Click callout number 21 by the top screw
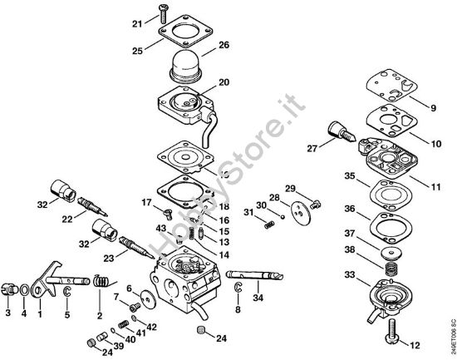click(x=137, y=24)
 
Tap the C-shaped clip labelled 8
click(x=238, y=288)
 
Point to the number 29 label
click(x=290, y=188)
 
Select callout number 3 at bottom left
click(x=8, y=314)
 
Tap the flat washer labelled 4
click(x=25, y=291)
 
